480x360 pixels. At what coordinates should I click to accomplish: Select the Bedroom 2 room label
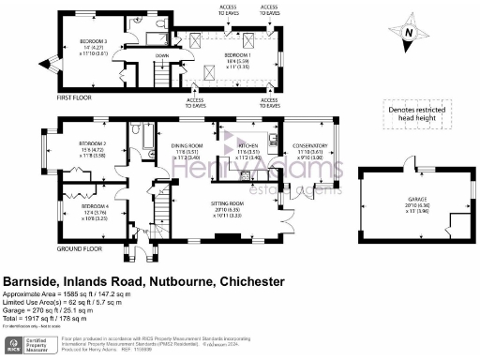tap(92, 143)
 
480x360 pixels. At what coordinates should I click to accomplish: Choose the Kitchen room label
tap(247, 146)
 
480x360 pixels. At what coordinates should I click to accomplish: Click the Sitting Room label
tap(227, 202)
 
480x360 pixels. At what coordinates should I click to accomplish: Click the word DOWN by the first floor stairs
tap(161, 55)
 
